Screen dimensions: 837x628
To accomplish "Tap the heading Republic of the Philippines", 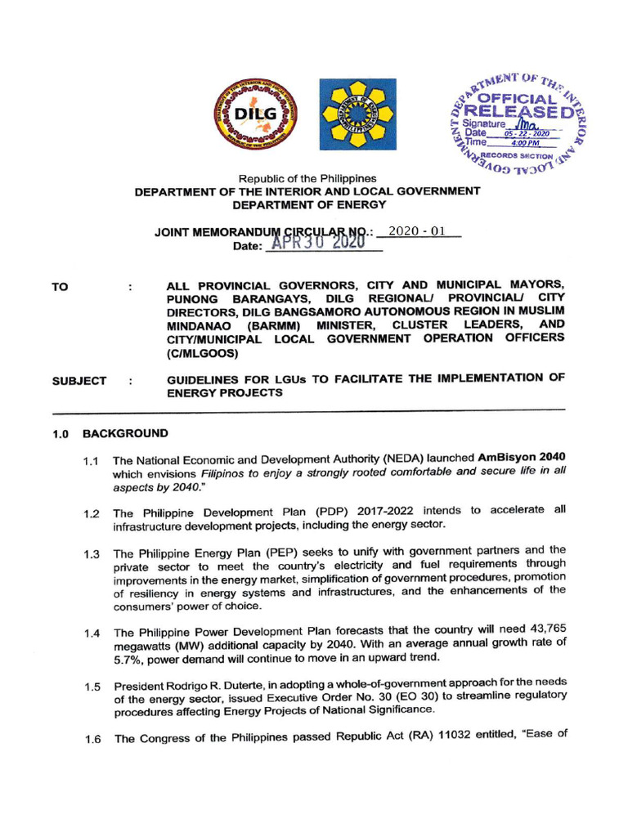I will [x=307, y=178].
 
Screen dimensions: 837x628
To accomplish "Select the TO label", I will [x=60, y=287].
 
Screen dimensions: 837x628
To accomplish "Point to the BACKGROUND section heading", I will [x=131, y=433].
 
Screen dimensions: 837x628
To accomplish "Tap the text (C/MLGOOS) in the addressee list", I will [x=201, y=354].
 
